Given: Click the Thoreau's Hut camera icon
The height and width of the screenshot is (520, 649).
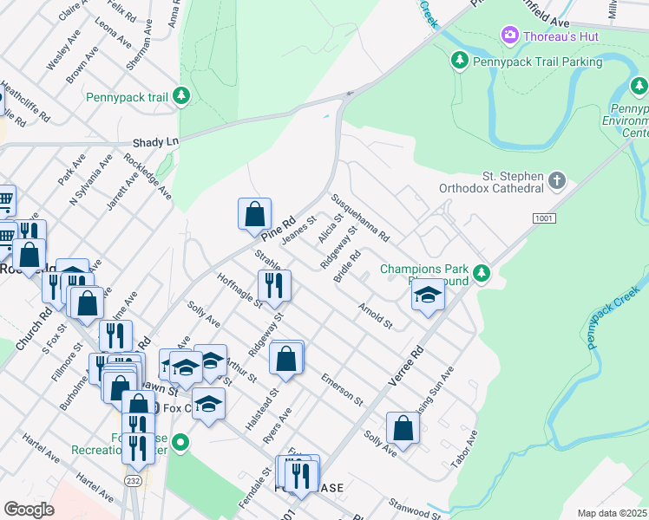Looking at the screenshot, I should (x=510, y=36).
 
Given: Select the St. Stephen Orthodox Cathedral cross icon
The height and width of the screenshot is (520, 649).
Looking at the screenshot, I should (x=556, y=181).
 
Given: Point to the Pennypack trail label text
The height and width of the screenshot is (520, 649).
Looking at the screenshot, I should (x=127, y=97).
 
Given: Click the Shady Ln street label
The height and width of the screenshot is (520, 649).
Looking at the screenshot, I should (x=155, y=141).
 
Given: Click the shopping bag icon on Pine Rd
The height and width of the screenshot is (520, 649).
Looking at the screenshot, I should (x=255, y=213).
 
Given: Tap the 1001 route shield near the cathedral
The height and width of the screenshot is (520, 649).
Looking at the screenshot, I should (x=542, y=221).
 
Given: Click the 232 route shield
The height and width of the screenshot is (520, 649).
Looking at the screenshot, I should (x=131, y=479).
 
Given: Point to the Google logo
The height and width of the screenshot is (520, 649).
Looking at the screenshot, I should (x=29, y=510).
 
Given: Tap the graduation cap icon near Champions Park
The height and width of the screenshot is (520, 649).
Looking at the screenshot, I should (x=427, y=296).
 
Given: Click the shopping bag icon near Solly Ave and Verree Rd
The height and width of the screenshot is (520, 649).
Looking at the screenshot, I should (x=403, y=427).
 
